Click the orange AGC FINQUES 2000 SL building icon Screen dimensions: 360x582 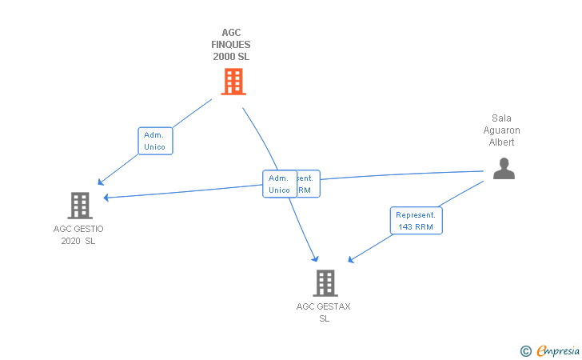pyautogui.click(x=233, y=82)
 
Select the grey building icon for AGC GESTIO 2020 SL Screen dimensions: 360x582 pyautogui.click(x=79, y=206)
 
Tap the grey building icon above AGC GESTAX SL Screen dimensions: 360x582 pyautogui.click(x=325, y=283)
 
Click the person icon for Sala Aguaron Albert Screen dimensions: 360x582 pyautogui.click(x=504, y=169)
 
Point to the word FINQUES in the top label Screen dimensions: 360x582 pyautogui.click(x=231, y=45)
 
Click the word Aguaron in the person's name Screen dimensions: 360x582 pyautogui.click(x=502, y=130)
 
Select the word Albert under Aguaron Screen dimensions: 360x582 pyautogui.click(x=502, y=142)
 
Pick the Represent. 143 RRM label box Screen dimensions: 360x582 pyautogui.click(x=417, y=221)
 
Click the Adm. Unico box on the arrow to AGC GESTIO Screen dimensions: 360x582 pyautogui.click(x=154, y=141)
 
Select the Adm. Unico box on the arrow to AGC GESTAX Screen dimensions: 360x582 pyautogui.click(x=279, y=184)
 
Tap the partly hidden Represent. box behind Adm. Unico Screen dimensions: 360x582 pyautogui.click(x=307, y=184)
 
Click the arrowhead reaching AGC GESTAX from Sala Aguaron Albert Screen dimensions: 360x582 pyautogui.click(x=350, y=260)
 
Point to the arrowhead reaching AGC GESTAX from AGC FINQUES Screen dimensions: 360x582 pyautogui.click(x=316, y=258)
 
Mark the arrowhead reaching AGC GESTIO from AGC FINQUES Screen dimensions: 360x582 pyautogui.click(x=100, y=182)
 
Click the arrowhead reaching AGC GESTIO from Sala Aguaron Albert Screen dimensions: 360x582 pyautogui.click(x=106, y=197)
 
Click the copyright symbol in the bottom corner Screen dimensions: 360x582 pyautogui.click(x=525, y=350)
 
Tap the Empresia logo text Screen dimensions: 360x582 pyautogui.click(x=558, y=350)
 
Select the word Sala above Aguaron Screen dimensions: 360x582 pyautogui.click(x=502, y=118)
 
